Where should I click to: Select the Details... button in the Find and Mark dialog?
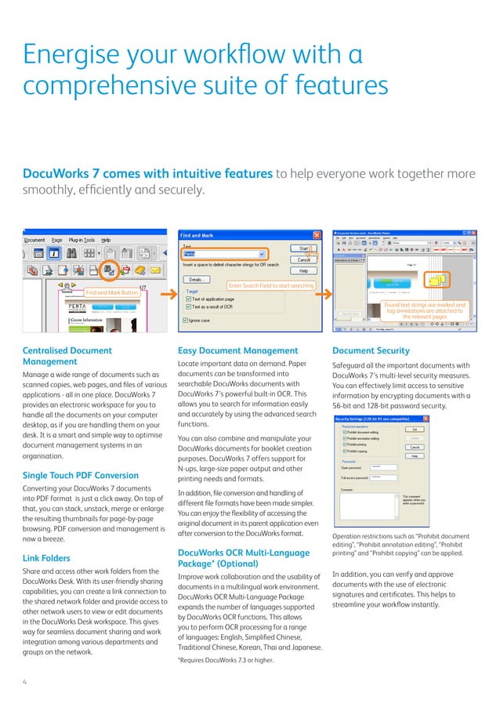196,279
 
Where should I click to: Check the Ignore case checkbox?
185,321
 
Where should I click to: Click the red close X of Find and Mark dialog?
317,234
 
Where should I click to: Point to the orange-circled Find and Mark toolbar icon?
110,270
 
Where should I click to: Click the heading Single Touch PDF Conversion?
71,475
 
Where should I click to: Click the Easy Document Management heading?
238,350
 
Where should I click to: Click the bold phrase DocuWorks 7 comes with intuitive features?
148,173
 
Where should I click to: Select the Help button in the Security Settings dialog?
415,455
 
